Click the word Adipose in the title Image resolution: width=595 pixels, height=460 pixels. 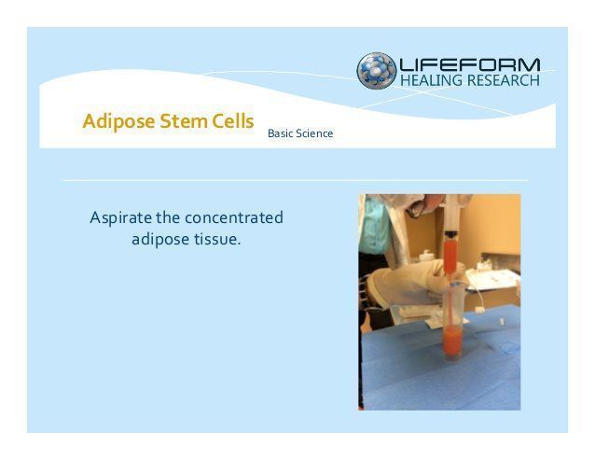118,121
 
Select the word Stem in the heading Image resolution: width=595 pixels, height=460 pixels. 184,121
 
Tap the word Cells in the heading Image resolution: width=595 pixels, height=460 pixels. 232,121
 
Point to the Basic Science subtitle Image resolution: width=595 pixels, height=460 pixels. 300,133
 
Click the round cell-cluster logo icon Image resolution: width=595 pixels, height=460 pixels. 377,71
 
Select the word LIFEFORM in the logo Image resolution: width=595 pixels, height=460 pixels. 470,64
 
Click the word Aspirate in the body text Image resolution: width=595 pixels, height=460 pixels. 120,218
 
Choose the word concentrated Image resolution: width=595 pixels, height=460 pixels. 234,217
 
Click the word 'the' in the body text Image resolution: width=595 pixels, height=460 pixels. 168,217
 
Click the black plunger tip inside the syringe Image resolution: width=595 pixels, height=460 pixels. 450,234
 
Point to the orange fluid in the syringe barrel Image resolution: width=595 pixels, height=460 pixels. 450,257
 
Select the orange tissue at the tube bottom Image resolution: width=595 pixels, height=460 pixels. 452,340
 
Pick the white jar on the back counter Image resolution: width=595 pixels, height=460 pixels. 427,256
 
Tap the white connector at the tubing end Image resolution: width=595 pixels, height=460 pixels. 479,310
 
